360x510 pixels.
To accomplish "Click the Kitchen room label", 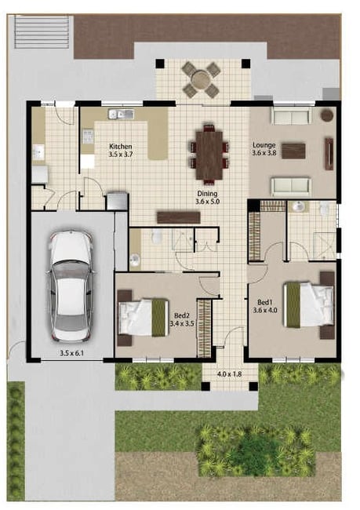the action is tap(120, 147).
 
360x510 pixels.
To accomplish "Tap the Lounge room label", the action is tap(264, 145).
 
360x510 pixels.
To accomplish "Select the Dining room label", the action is tap(207, 194).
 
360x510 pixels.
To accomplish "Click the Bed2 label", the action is tap(181, 315).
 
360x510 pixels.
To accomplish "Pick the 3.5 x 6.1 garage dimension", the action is tap(71, 353).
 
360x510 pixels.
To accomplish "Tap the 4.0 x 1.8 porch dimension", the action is tap(229, 374).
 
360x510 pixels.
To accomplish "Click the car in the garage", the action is tap(71, 286).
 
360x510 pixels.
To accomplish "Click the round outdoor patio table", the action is tap(202, 80).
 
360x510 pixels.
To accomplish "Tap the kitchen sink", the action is tap(122, 115).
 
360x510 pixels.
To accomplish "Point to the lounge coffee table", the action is tap(293, 151).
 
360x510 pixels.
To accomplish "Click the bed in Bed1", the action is tap(308, 304).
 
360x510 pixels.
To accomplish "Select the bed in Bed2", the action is tap(143, 318).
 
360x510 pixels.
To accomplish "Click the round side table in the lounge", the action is tap(327, 115).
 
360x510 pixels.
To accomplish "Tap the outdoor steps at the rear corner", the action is tap(42, 32).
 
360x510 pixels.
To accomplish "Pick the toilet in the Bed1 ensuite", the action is tap(324, 209).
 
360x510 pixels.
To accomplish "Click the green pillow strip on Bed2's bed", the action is tap(159, 318).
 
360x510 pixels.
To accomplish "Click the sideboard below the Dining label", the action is tap(179, 217).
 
